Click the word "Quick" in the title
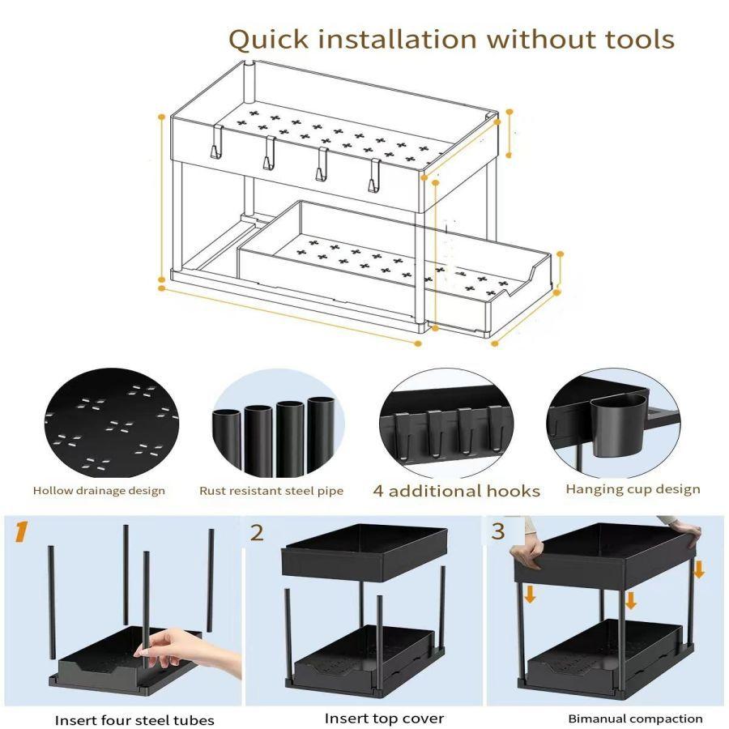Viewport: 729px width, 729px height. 269,40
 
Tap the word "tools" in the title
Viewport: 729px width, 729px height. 639,39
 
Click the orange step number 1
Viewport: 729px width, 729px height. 21,532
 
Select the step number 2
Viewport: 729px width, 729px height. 257,533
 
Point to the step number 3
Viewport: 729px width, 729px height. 498,531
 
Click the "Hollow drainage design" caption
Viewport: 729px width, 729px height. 99,491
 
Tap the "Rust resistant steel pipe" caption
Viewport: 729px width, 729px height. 271,491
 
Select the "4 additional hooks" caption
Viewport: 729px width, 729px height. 457,491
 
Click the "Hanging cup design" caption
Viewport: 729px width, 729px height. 633,489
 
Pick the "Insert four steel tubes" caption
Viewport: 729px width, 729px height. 134,720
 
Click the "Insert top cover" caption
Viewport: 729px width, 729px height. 384,718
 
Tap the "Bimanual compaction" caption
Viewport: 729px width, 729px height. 635,718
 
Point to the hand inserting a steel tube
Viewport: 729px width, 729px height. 186,649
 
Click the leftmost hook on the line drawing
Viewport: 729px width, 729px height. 216,143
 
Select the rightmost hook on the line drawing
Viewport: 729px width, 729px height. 375,175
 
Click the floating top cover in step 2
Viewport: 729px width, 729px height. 364,553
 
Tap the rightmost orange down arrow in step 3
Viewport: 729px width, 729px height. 699,569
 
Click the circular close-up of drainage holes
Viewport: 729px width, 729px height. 112,423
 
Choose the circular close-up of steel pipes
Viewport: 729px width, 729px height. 278,424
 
